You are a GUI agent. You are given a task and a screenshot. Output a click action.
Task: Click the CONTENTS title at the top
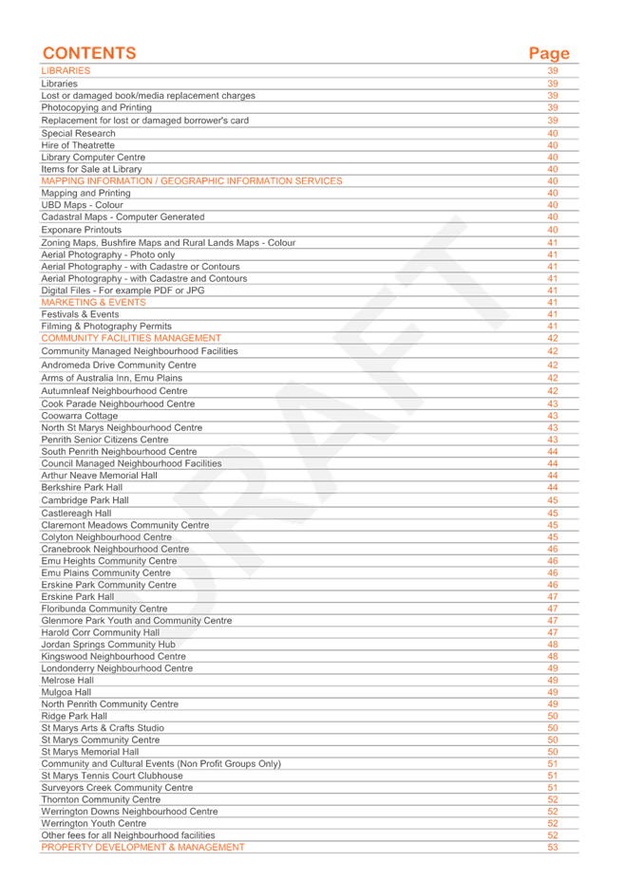[89, 53]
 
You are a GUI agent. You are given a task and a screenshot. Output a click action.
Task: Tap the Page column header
[549, 53]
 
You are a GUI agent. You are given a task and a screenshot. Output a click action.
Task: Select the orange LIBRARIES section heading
[66, 71]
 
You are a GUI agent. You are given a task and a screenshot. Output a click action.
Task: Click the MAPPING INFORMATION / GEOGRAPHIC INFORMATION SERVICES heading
[191, 180]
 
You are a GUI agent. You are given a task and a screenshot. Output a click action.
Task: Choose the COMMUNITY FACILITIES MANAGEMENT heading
[130, 338]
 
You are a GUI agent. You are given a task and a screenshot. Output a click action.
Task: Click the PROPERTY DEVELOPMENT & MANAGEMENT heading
[142, 846]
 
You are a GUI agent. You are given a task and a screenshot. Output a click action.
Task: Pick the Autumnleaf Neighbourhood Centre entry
[114, 390]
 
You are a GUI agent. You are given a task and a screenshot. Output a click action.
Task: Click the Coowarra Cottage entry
[79, 415]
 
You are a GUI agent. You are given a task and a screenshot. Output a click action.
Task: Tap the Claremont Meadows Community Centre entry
[123, 524]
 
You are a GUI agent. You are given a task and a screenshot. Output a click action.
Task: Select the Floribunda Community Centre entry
[104, 608]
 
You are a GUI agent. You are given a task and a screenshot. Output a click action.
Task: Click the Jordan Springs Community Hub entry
[108, 644]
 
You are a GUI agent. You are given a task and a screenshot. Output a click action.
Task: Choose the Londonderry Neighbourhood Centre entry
[117, 668]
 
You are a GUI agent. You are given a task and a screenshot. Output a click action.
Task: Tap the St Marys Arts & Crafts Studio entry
[102, 728]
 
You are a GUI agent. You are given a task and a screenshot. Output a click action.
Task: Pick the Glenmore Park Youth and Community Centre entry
[136, 620]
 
